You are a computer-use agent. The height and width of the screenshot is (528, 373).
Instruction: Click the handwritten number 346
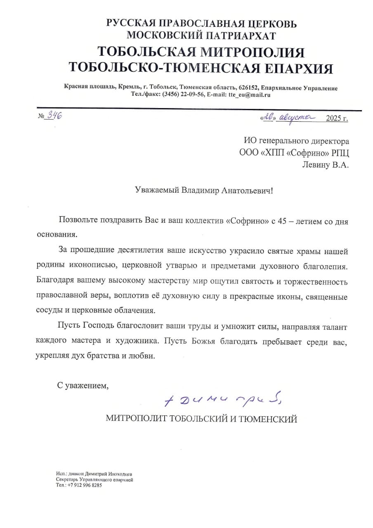point(54,115)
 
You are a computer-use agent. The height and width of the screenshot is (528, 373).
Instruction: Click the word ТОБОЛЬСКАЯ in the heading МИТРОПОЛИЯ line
point(148,52)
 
